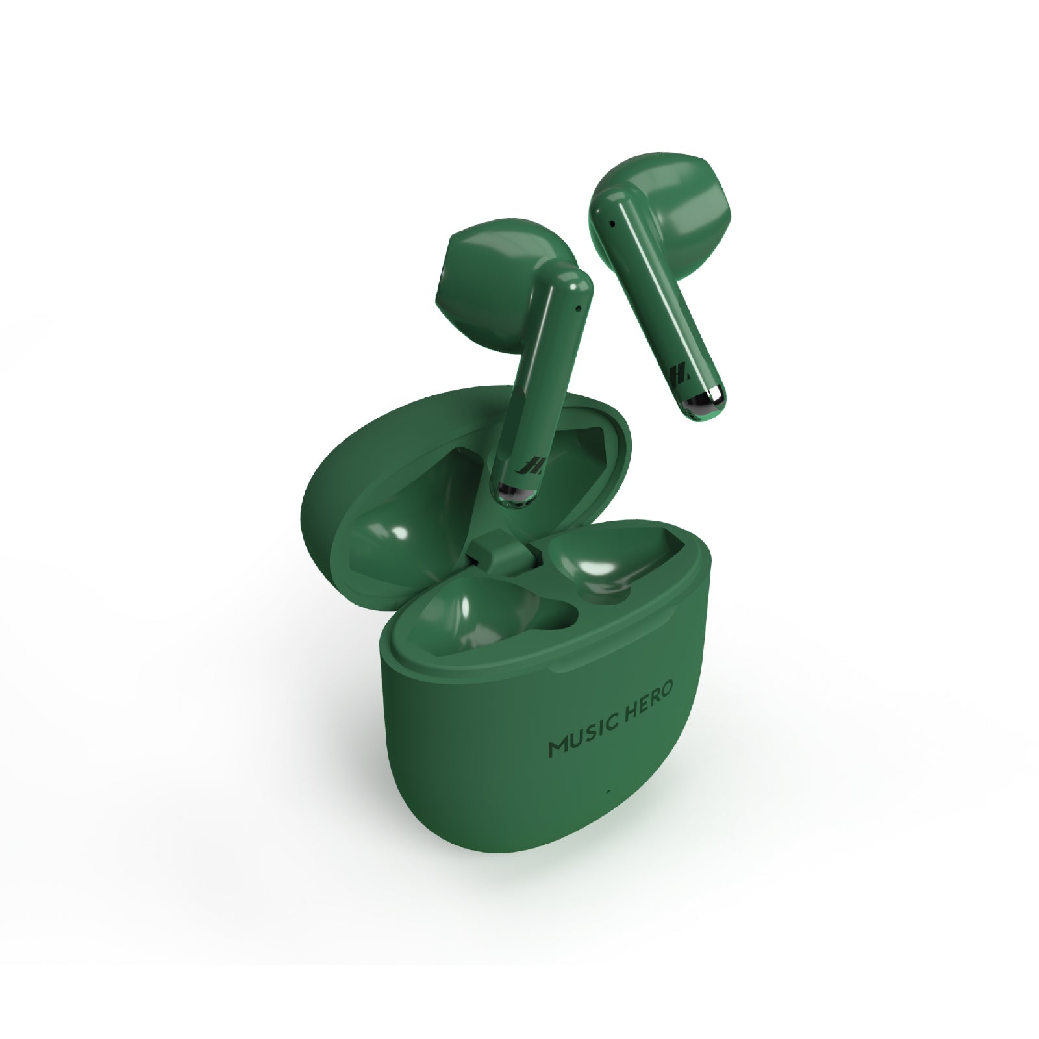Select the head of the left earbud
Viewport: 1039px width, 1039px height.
(x=487, y=286)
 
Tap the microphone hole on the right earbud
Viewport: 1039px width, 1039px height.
(x=612, y=223)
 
